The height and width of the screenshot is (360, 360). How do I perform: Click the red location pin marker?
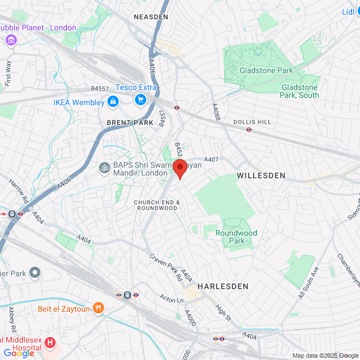(x=179, y=168)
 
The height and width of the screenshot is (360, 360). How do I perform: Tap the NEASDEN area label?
(x=151, y=17)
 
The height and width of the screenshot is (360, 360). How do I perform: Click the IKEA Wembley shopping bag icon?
(x=113, y=102)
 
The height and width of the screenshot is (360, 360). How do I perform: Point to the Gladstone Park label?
(x=266, y=70)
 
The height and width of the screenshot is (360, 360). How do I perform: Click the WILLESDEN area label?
(x=261, y=175)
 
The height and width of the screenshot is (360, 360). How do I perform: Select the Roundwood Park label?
(x=236, y=237)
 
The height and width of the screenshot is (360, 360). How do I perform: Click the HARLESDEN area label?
(x=223, y=286)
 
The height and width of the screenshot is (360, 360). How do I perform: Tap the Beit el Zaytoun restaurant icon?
(x=99, y=308)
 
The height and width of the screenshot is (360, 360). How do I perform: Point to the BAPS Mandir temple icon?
(x=104, y=167)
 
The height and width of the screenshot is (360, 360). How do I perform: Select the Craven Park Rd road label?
(x=165, y=267)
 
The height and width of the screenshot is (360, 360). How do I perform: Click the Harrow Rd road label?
(x=19, y=191)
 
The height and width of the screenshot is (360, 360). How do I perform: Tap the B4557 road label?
(x=100, y=88)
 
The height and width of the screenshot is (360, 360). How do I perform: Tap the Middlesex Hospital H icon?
(x=50, y=342)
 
